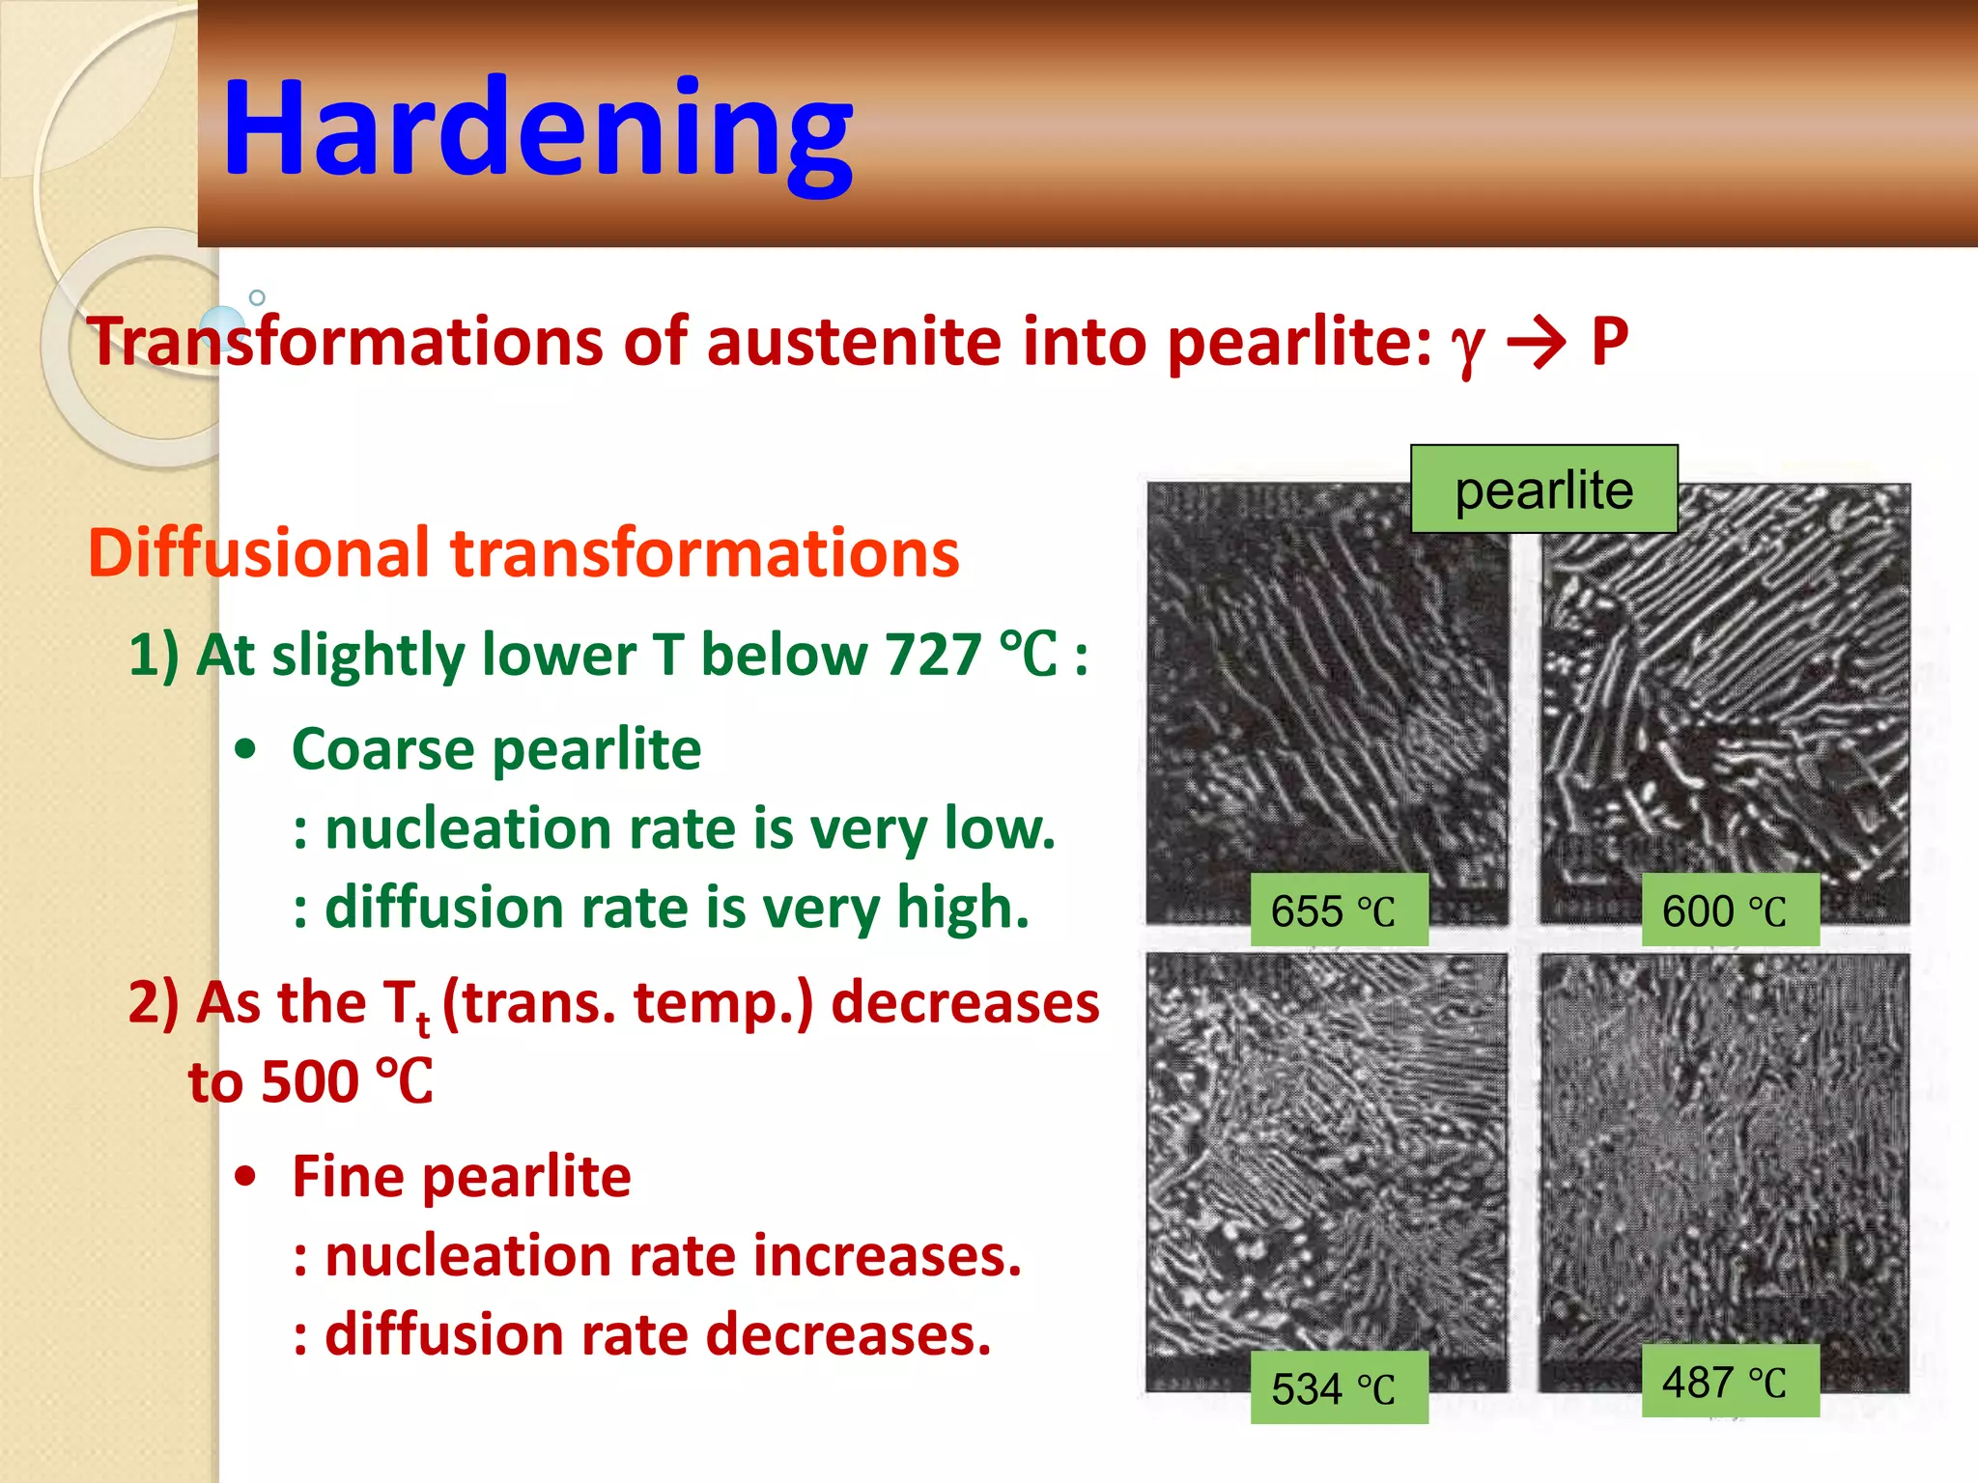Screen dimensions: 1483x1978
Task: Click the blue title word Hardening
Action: (537, 128)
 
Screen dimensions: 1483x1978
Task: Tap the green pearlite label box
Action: (1543, 490)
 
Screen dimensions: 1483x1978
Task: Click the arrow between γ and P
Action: (1537, 343)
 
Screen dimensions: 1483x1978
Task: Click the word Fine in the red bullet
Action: (348, 1177)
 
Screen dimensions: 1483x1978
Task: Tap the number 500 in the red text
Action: (310, 1082)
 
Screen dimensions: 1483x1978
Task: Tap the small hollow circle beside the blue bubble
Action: (257, 297)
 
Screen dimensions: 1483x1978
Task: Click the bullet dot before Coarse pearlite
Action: (246, 750)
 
